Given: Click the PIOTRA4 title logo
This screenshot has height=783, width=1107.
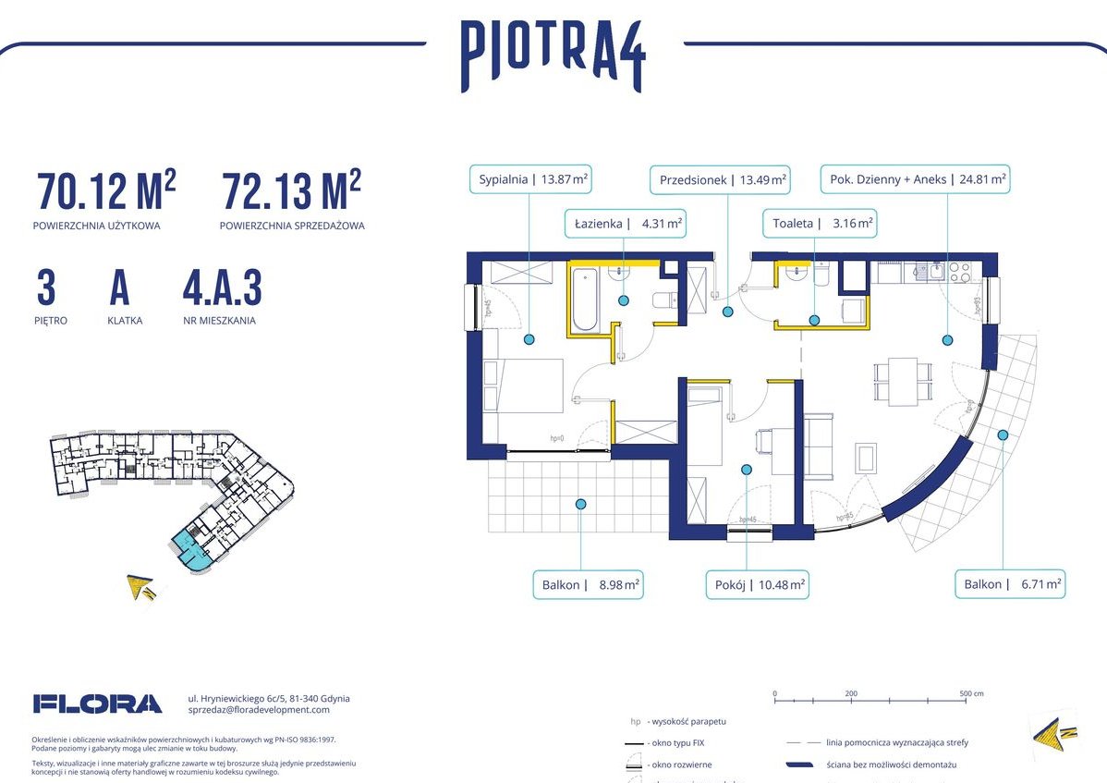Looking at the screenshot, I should point(553,57).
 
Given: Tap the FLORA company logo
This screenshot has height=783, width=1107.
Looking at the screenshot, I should point(97,703).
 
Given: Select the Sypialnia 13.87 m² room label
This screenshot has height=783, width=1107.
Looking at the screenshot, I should point(533,179).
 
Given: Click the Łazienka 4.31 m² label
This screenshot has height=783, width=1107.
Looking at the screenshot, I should point(624,223).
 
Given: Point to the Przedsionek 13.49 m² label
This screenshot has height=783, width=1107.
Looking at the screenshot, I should point(722,179).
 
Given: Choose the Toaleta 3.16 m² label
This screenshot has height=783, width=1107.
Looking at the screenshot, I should point(818,223).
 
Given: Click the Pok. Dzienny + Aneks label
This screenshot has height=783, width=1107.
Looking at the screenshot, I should point(915,179).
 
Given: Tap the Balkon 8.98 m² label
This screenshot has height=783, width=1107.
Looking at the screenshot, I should point(587,584).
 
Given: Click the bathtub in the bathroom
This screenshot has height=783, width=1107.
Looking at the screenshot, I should point(585,299).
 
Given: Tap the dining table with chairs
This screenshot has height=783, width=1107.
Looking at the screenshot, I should point(903,381).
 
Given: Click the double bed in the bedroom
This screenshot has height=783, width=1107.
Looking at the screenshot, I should point(524,385).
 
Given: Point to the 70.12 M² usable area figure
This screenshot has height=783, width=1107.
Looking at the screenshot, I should point(105,191).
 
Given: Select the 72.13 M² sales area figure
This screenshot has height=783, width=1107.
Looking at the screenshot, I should point(290,191).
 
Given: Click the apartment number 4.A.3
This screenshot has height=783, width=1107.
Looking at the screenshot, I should point(222,289).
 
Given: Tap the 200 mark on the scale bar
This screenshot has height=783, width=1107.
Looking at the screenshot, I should point(851,693).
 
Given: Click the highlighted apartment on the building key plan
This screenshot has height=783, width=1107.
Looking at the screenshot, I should point(190,549).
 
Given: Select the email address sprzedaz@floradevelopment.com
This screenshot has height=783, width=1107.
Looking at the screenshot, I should point(258,710).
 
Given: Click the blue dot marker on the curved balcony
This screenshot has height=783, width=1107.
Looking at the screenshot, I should point(1002,434).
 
